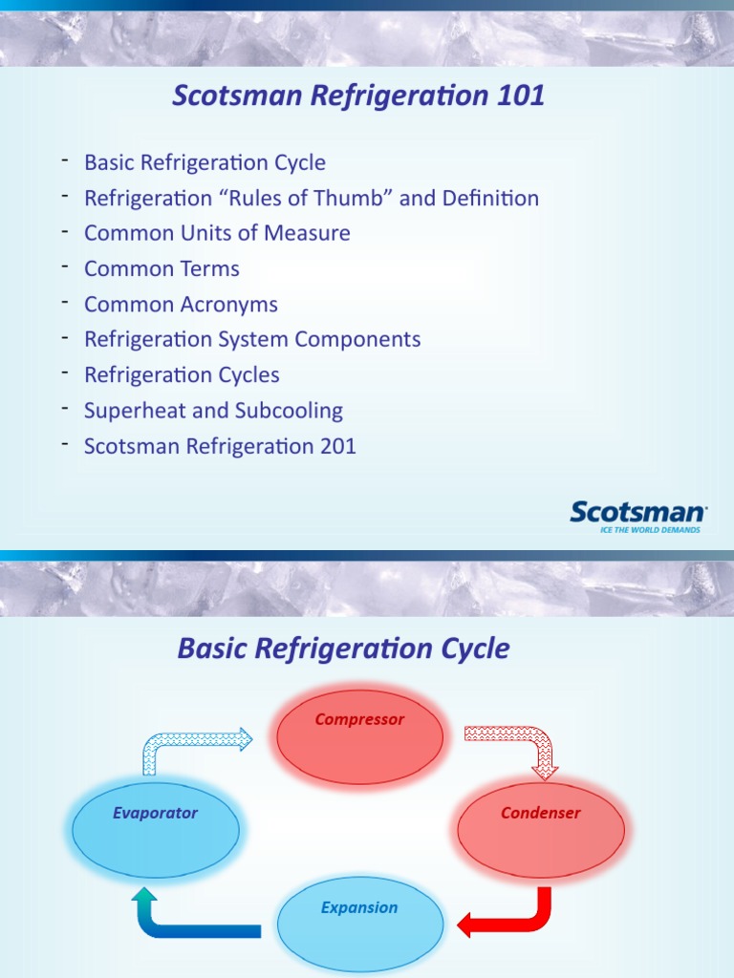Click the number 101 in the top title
click(521, 96)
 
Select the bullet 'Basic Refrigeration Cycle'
click(205, 162)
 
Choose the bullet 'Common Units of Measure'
click(217, 233)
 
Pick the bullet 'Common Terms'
click(162, 268)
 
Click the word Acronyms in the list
click(229, 305)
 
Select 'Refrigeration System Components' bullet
click(252, 339)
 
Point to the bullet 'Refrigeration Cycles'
click(182, 374)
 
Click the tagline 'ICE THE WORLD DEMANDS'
click(650, 529)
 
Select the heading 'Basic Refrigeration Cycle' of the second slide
click(343, 648)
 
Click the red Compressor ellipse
click(360, 736)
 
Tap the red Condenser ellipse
click(541, 831)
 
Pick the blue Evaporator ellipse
click(156, 830)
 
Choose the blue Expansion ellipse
click(360, 925)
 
